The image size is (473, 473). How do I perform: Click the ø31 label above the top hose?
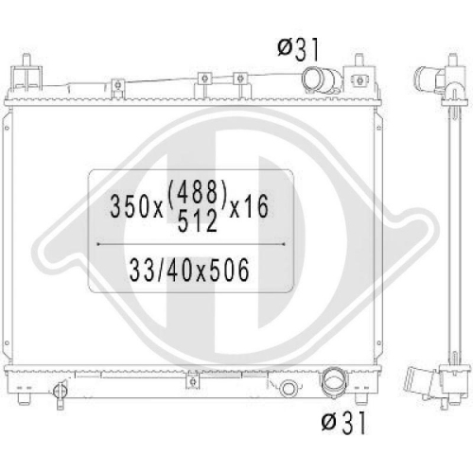click(298, 49)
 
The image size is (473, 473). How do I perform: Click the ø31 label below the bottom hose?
click(343, 422)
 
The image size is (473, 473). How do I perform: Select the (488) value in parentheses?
click(198, 192)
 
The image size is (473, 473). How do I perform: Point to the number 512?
click(198, 220)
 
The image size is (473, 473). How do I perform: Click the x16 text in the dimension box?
click(249, 206)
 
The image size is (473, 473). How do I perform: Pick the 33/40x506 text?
click(189, 270)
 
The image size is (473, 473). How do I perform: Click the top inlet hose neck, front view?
click(321, 81)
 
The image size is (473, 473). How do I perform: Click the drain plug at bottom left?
click(60, 393)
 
